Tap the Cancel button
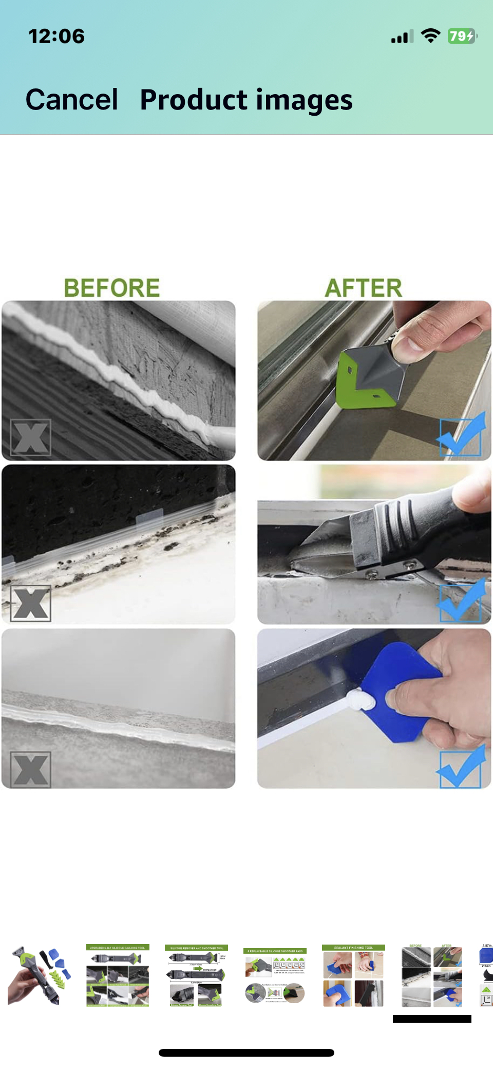(72, 99)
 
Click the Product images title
(246, 100)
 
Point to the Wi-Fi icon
(430, 35)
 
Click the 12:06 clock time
(56, 36)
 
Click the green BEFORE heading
(111, 288)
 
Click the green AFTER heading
(363, 288)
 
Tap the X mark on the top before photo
(31, 438)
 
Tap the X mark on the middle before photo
(31, 603)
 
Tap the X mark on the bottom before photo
(31, 770)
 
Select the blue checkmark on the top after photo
(461, 436)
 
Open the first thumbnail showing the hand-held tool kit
(39, 975)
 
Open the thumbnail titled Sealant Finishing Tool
(353, 975)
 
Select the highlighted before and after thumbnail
(432, 975)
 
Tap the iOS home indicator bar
(246, 1053)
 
